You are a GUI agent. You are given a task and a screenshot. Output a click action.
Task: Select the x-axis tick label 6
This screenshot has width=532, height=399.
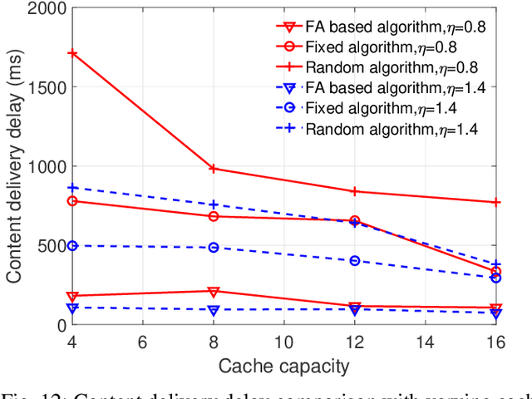pyautogui.click(x=143, y=342)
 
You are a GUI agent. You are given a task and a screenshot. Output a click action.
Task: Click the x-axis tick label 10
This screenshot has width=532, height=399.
pyautogui.click(x=283, y=342)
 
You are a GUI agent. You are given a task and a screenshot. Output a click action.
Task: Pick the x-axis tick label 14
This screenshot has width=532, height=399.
pyautogui.click(x=425, y=342)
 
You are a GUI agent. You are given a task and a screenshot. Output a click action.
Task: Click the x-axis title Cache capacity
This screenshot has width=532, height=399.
pyautogui.click(x=283, y=365)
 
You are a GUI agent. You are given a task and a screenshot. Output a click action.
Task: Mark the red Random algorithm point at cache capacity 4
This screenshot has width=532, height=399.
pyautogui.click(x=72, y=53)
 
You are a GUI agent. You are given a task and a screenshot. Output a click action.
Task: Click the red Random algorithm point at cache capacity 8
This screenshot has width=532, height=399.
pyautogui.click(x=214, y=169)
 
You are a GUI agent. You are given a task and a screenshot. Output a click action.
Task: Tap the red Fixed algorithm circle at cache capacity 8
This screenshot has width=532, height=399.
pyautogui.click(x=214, y=216)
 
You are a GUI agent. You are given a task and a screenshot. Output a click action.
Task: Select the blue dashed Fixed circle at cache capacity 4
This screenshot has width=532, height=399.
pyautogui.click(x=72, y=246)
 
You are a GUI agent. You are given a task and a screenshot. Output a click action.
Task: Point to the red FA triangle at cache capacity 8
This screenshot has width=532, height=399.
pyautogui.click(x=214, y=292)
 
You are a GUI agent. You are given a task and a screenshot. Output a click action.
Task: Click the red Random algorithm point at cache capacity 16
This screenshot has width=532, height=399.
pyautogui.click(x=495, y=202)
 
